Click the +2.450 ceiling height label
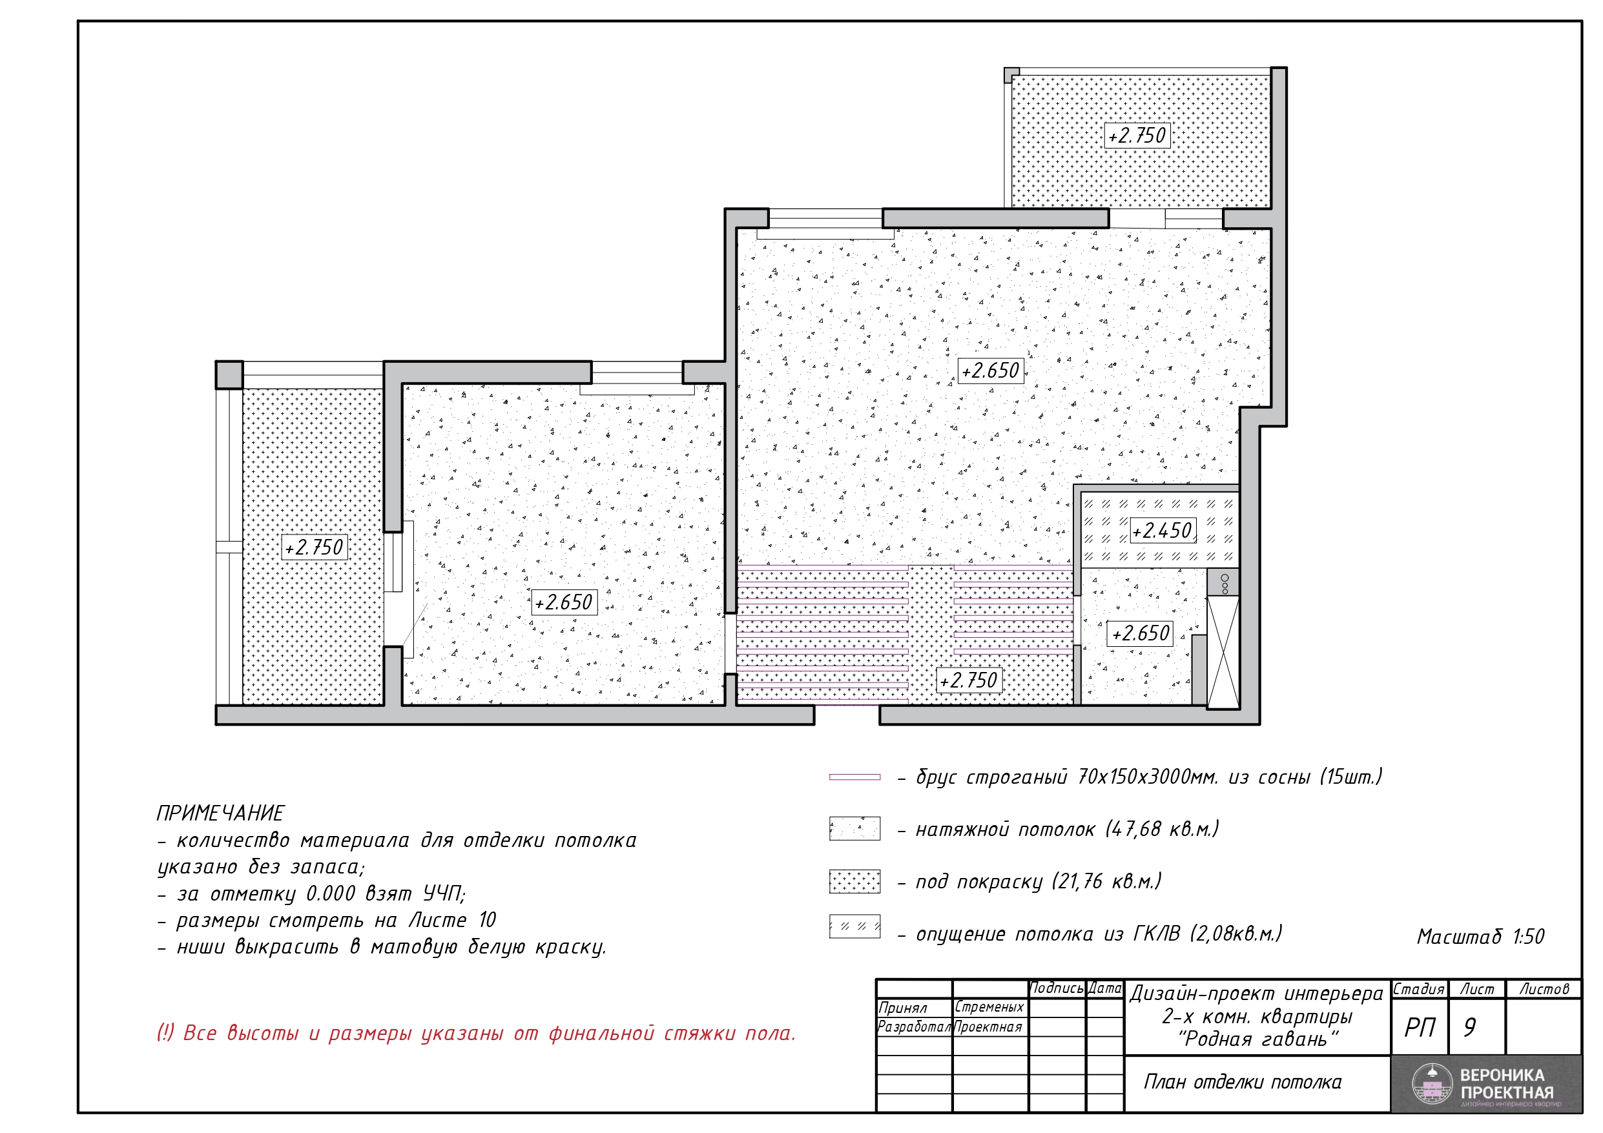tap(1163, 531)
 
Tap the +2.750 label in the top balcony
tap(1137, 136)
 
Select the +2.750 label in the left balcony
tap(314, 547)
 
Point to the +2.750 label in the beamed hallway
tap(969, 680)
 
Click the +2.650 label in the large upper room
tap(991, 371)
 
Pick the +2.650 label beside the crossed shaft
tap(1140, 634)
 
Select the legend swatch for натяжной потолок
tap(854, 829)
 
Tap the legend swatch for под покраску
tap(854, 881)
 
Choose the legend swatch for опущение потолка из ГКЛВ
tap(854, 926)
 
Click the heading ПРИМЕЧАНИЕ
tap(220, 813)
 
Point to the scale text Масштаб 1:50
tap(1480, 936)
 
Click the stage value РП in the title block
tap(1420, 1028)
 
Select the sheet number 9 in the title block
tap(1470, 1028)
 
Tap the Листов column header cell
tap(1544, 989)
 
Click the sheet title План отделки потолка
tap(1242, 1082)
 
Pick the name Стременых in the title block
tap(989, 1007)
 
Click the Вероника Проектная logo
tap(1486, 1085)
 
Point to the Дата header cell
tap(1105, 988)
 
